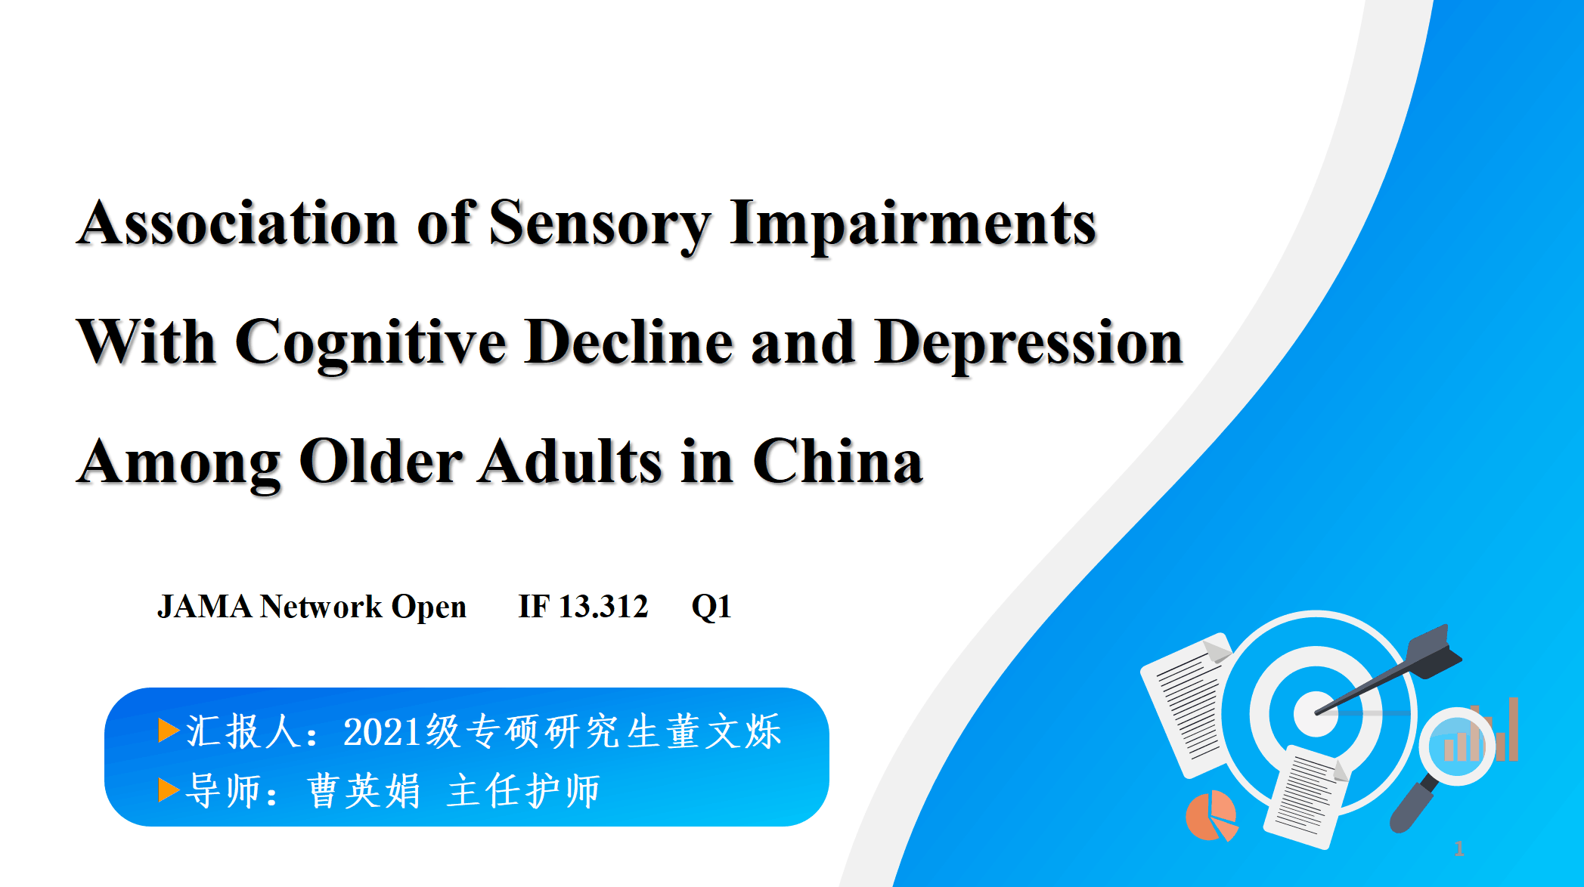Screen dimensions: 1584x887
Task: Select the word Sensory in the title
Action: coord(600,226)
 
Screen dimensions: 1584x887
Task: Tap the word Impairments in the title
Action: coord(913,226)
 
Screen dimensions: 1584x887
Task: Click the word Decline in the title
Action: coord(629,342)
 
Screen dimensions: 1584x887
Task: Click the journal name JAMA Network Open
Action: coord(312,607)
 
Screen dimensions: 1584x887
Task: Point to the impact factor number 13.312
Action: coord(603,607)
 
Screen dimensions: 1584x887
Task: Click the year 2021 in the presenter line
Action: coord(381,732)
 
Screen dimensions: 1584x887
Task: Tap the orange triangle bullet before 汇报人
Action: coord(169,731)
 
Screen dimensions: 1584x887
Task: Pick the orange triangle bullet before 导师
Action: coord(169,790)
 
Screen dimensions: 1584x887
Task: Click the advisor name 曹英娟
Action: coord(364,791)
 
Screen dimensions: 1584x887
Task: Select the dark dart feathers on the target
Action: coord(1434,651)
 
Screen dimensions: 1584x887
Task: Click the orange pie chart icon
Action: coord(1211,816)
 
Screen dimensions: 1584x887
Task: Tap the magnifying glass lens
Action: coord(1457,746)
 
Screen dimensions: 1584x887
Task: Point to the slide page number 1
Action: coord(1459,849)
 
